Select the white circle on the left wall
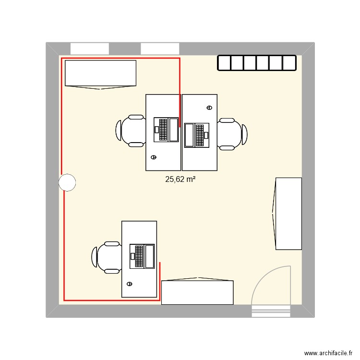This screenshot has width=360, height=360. (x=67, y=182)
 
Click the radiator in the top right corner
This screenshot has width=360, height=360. (x=257, y=63)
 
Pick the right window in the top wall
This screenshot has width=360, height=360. (x=160, y=48)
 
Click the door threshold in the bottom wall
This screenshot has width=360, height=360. (x=271, y=312)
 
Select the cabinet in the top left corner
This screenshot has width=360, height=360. (x=100, y=74)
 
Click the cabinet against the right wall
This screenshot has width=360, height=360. (x=288, y=214)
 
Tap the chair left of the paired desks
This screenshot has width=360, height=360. (x=131, y=130)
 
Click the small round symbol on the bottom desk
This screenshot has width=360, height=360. (x=129, y=284)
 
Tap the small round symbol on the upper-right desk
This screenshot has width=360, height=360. (x=209, y=108)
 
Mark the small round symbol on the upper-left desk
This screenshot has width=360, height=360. (x=154, y=157)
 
